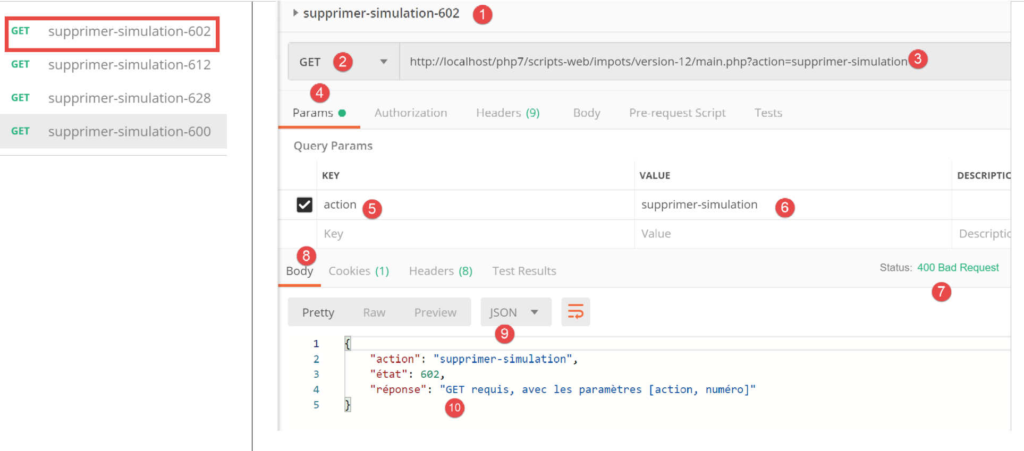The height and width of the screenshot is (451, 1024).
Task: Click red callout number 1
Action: point(483,14)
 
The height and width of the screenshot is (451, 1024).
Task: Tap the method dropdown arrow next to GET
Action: point(384,62)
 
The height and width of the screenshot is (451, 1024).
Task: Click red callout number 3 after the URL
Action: point(918,59)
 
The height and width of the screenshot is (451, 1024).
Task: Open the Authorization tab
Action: point(411,113)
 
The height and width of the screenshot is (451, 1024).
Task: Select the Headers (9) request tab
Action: point(507,113)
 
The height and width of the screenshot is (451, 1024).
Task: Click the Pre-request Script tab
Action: point(677,113)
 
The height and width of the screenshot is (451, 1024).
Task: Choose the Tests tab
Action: point(768,113)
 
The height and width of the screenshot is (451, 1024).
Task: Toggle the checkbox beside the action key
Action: point(304,205)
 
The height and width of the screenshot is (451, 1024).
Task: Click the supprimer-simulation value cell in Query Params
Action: point(699,205)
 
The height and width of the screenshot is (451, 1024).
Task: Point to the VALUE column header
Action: point(655,176)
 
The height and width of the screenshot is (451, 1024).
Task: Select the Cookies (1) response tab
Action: point(359,271)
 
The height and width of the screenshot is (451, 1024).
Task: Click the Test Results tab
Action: point(524,271)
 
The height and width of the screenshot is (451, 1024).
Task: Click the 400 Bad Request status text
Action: point(958,268)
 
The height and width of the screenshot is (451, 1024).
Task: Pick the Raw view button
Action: point(374,312)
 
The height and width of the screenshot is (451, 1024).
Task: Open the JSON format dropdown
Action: point(515,312)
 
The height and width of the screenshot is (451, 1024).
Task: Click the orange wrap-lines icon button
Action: point(576,312)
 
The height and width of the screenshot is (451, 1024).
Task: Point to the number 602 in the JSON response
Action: point(430,375)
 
